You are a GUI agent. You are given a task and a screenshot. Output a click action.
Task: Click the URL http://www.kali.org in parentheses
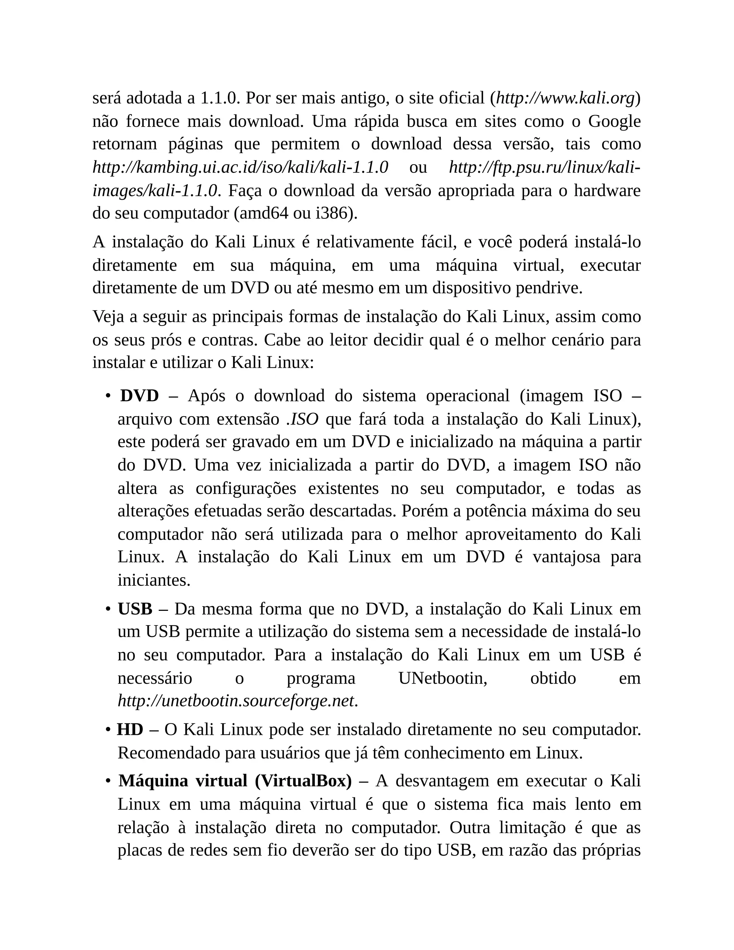point(565,98)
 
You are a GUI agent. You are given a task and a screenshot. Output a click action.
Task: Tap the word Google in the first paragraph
point(614,122)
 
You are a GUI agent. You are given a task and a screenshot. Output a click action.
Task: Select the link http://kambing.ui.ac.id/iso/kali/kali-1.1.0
point(240,167)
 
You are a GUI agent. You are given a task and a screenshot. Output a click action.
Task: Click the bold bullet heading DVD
point(139,396)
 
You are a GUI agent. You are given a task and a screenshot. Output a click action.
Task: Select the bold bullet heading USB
point(135,609)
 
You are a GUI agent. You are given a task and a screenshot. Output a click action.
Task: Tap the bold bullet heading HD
point(130,730)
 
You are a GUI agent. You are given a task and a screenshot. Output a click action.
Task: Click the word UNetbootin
point(443,678)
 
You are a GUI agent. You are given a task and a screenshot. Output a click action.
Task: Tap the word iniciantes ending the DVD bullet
point(153,580)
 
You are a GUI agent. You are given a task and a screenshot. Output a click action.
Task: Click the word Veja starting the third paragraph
point(109,317)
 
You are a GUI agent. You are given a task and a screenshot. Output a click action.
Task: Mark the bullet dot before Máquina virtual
point(108,782)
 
